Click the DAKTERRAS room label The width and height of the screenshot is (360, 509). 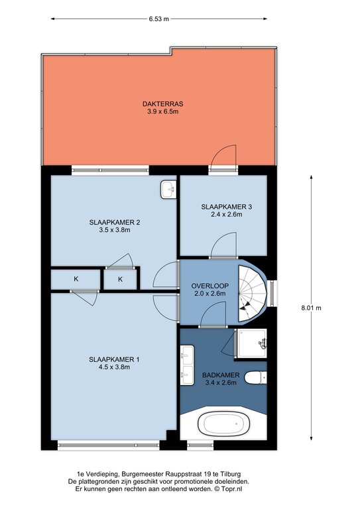[x=162, y=104]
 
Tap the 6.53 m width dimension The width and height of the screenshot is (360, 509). [x=158, y=19]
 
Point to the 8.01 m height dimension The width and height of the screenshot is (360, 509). [x=311, y=308]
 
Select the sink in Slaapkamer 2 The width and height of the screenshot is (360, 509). [x=168, y=190]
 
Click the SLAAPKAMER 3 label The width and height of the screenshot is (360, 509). [x=226, y=207]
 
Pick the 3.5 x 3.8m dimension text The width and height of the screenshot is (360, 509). [x=115, y=230]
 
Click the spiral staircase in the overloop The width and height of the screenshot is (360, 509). [x=252, y=294]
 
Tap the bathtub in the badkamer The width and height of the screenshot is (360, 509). [x=223, y=424]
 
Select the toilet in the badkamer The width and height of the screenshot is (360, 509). [x=255, y=378]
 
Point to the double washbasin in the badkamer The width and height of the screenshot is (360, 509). [x=187, y=365]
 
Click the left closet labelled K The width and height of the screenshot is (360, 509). [x=76, y=278]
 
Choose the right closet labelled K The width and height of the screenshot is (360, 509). [x=120, y=279]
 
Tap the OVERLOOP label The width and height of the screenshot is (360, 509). [x=210, y=286]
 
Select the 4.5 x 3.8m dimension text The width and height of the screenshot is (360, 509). [x=114, y=367]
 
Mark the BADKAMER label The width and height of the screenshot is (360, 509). [x=221, y=375]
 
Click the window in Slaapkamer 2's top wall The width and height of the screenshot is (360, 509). [x=110, y=170]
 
